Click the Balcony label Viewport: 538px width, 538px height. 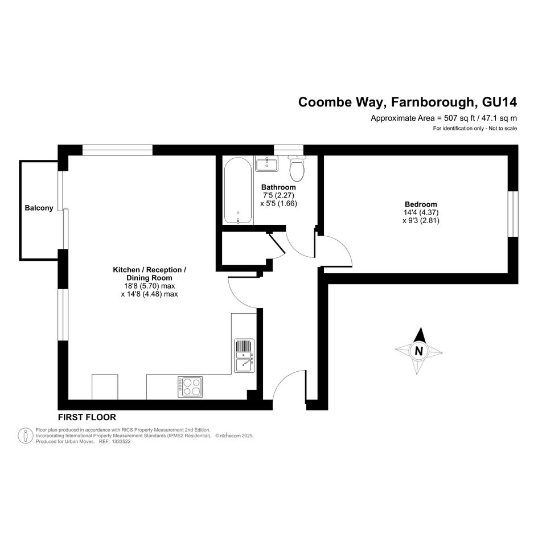pos(39,208)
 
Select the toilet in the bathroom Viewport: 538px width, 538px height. pos(297,168)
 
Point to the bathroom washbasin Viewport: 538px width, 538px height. pos(266,163)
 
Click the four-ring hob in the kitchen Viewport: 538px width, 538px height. pos(190,387)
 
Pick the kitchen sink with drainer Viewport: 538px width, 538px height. pos(244,356)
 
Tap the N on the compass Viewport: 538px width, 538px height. pos(418,351)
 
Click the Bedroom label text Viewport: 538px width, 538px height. pos(421,204)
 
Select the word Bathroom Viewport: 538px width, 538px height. pos(278,187)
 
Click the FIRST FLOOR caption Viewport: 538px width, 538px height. pos(87,417)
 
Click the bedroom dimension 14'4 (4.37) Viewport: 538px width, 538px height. pos(421,213)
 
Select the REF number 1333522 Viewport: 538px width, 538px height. pos(120,442)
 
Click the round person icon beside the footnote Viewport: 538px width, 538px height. pos(26,436)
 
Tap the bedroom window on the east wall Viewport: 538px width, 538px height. pos(513,213)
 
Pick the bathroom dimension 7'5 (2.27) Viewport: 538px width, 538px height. pos(278,195)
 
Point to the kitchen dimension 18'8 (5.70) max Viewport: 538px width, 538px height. pos(150,286)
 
